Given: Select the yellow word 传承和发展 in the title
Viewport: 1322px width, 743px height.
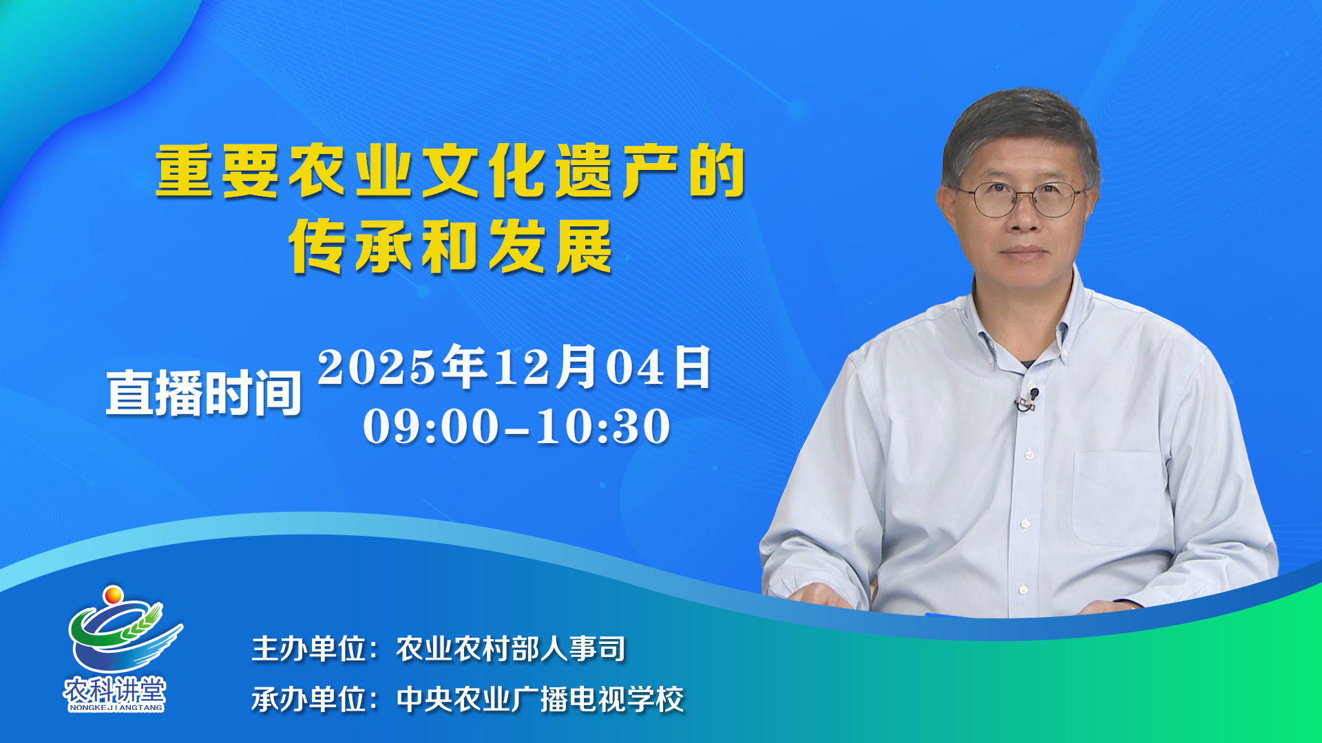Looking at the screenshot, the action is pyautogui.click(x=451, y=246).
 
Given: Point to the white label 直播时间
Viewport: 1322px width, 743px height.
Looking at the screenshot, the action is pyautogui.click(x=204, y=393).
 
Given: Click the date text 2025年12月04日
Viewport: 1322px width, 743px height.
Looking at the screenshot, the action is pyautogui.click(x=514, y=367).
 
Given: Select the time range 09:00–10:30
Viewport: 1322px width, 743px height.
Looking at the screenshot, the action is pyautogui.click(x=516, y=426).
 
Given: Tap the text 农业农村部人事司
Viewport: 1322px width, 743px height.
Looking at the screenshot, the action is pyautogui.click(x=511, y=648).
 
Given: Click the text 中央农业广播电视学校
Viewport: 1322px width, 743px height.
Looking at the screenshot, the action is pyautogui.click(x=540, y=699).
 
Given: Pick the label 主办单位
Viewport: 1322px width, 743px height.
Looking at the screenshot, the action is pyautogui.click(x=308, y=648).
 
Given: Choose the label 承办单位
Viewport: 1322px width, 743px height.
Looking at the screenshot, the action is pyautogui.click(x=308, y=699).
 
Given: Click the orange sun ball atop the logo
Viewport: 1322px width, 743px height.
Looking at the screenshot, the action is pyautogui.click(x=113, y=594).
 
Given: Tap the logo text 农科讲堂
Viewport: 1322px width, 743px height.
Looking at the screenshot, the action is pyautogui.click(x=115, y=689).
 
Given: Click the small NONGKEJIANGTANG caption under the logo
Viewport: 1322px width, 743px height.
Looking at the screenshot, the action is pyautogui.click(x=116, y=707).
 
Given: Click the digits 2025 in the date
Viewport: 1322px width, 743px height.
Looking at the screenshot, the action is pyautogui.click(x=377, y=367).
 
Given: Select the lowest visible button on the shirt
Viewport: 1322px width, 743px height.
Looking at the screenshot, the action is pyautogui.click(x=1022, y=590).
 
